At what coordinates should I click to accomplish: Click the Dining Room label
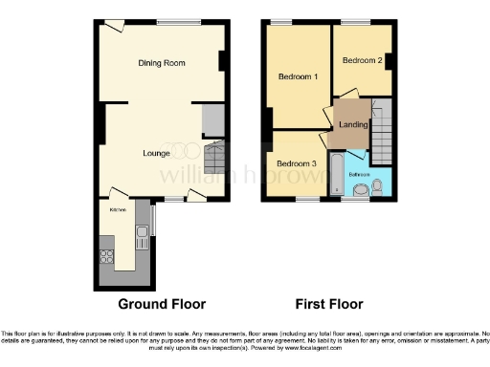tap(161, 63)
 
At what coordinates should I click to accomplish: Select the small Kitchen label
tap(118, 209)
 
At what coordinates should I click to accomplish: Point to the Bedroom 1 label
tap(298, 76)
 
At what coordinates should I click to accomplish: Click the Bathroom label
tap(359, 175)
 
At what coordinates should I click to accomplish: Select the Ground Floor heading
tap(162, 305)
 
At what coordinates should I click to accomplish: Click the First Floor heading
tap(330, 305)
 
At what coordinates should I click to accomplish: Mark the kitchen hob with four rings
tap(106, 256)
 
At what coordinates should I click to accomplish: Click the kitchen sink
tap(141, 232)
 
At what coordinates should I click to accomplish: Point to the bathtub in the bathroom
tap(337, 178)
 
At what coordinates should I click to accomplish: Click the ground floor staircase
tap(214, 156)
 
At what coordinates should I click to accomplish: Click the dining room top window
tap(172, 22)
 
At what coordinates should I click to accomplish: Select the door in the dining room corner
tap(113, 27)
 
